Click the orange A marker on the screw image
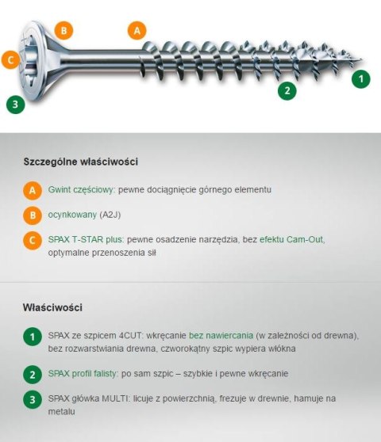point(137,30)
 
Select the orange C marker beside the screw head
point(10,59)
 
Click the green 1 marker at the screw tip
point(361,78)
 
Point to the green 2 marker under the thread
point(287,90)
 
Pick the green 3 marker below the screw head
point(14,104)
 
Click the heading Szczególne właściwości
point(81,162)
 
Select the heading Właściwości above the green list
point(53,307)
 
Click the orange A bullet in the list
point(32,190)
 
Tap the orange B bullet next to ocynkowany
point(32,215)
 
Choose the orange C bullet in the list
point(32,239)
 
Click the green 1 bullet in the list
point(32,336)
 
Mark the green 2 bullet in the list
point(32,374)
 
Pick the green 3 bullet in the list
point(32,399)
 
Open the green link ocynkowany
point(72,215)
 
